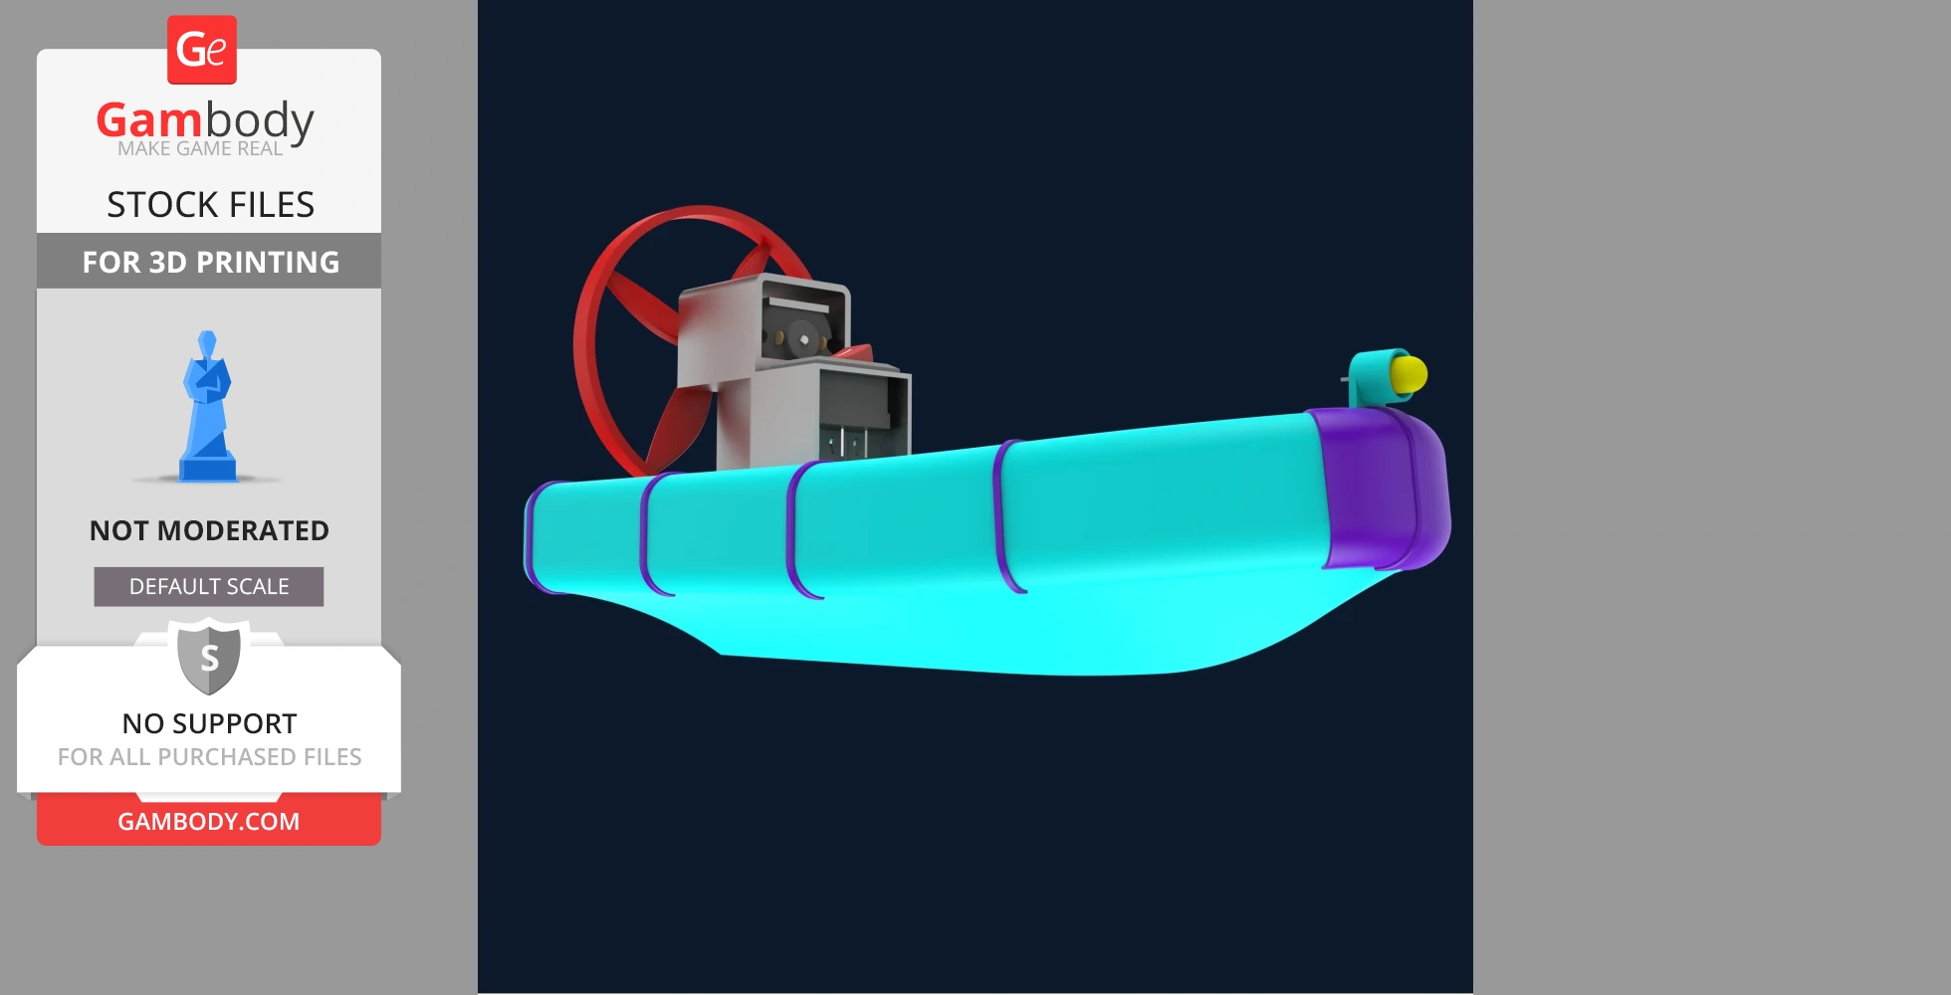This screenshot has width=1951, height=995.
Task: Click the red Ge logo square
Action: (x=202, y=50)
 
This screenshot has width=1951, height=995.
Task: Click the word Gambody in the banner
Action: (x=205, y=120)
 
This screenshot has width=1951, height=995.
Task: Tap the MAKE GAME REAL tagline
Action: (x=200, y=149)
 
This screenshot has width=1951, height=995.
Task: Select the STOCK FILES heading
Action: (x=210, y=205)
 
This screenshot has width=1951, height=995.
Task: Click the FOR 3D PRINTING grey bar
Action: (x=209, y=262)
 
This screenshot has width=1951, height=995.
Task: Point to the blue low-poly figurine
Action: (x=207, y=408)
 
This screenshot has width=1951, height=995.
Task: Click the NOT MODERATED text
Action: (x=209, y=530)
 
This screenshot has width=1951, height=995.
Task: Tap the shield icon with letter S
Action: (x=209, y=657)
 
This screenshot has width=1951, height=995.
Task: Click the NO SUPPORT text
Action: (x=209, y=723)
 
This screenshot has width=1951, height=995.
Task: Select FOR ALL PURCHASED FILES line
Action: (x=209, y=757)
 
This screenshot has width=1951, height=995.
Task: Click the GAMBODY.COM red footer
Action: (x=209, y=822)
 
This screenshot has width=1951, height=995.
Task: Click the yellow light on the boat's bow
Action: (x=1409, y=375)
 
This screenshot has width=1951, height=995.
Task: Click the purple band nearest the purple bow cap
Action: (x=1007, y=517)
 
